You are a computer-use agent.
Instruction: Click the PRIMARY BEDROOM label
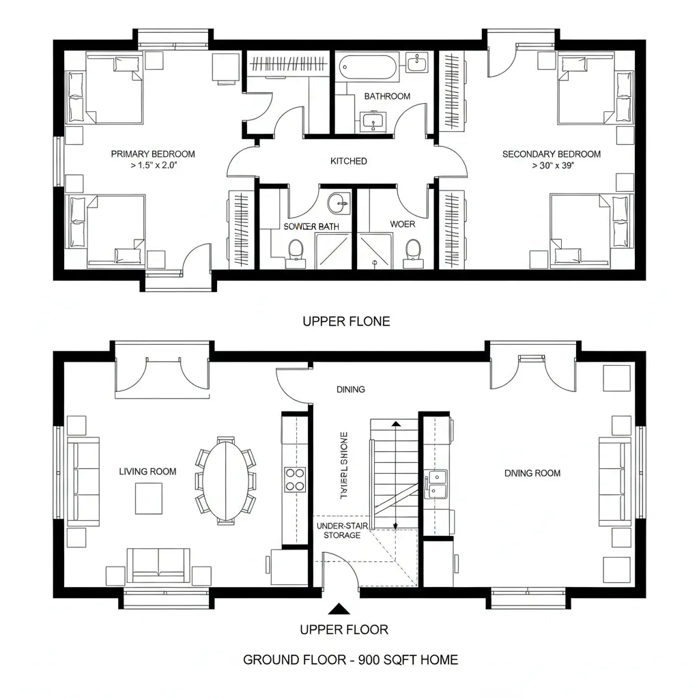[x=153, y=154]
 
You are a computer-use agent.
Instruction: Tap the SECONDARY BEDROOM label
[x=551, y=154]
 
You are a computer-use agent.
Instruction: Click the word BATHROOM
[x=387, y=96]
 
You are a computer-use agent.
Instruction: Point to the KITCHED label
[x=348, y=161]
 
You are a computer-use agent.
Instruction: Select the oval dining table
[x=226, y=480]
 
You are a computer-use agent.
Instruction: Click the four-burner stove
[x=295, y=479]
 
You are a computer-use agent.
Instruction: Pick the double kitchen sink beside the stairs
[x=435, y=483]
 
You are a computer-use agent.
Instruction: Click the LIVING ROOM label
[x=147, y=471]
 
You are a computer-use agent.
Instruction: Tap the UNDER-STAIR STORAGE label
[x=338, y=531]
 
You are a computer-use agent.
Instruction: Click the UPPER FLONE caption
[x=346, y=321]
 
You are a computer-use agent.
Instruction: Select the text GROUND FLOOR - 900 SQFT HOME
[x=350, y=659]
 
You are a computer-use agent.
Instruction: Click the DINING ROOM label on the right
[x=532, y=472]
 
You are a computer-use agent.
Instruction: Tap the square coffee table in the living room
[x=148, y=498]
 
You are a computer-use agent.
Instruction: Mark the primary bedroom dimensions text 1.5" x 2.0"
[x=153, y=166]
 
